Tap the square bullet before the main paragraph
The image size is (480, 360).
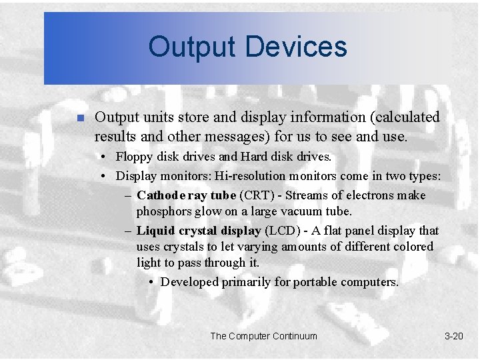pyautogui.click(x=79, y=119)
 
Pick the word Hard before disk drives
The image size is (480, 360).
pyautogui.click(x=253, y=158)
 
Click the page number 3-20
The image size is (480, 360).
pyautogui.click(x=453, y=336)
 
